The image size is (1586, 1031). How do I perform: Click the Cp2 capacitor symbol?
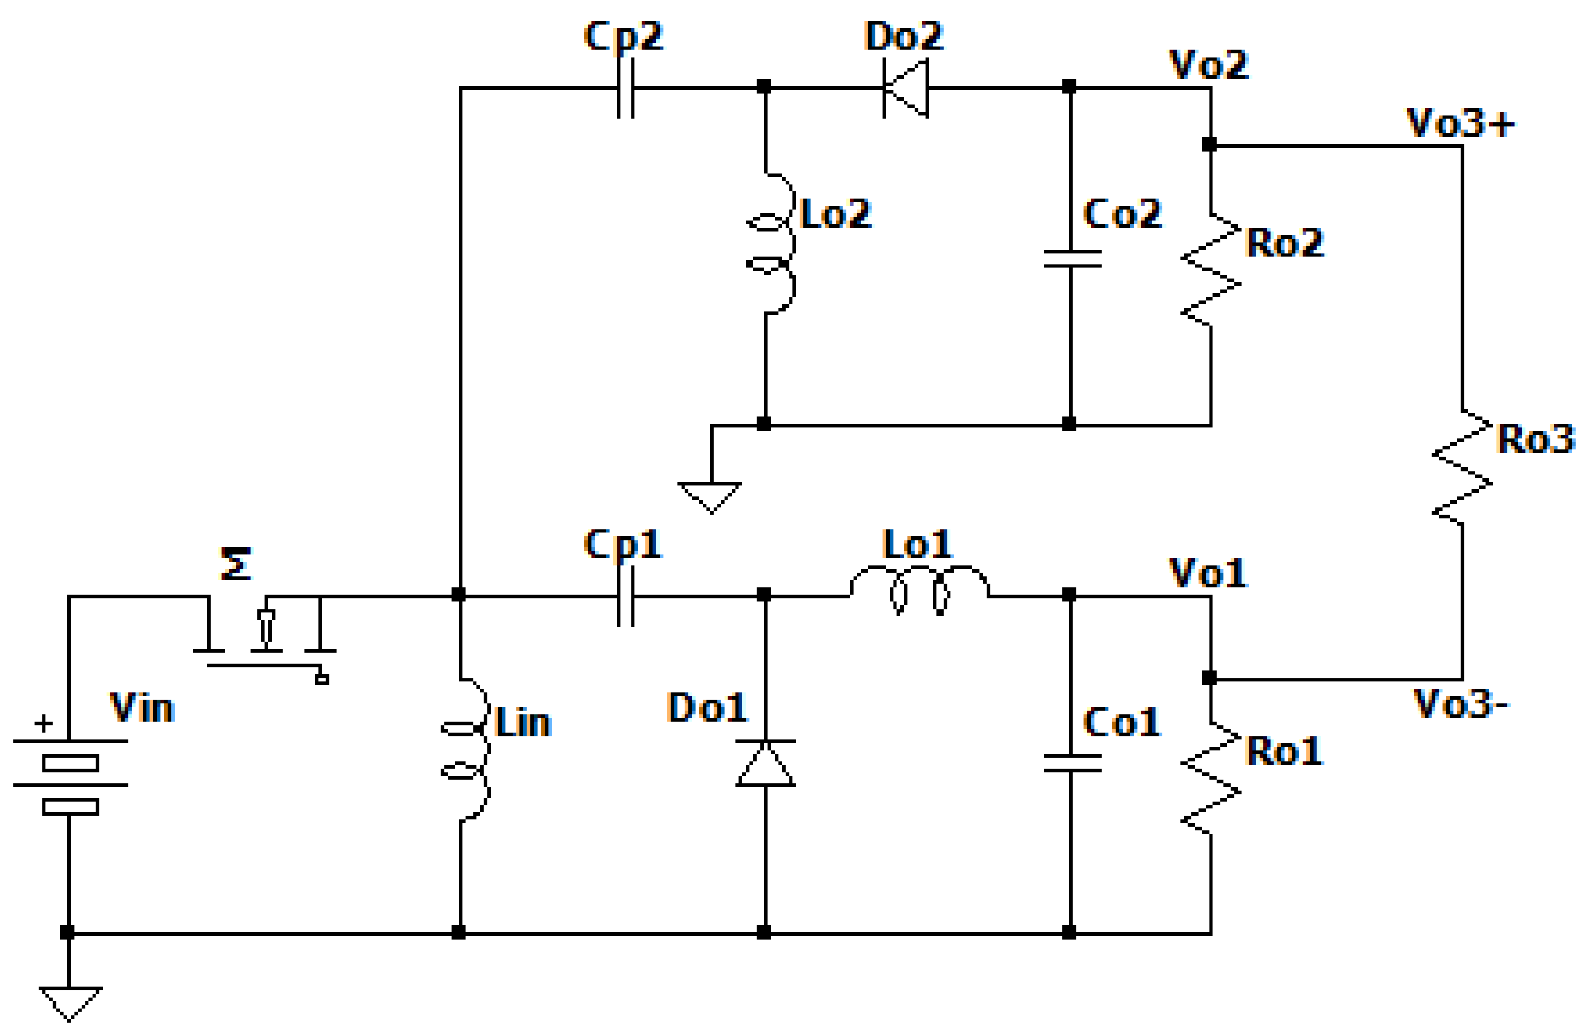click(x=625, y=87)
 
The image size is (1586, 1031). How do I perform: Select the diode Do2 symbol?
click(x=906, y=87)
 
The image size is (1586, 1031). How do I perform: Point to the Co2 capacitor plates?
click(x=1071, y=258)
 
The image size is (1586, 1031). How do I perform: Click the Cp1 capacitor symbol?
click(x=625, y=596)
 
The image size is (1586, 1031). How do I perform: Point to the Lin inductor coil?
click(x=470, y=750)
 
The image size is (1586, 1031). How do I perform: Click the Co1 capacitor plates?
click(x=1071, y=763)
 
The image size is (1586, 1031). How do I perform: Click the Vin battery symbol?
click(x=70, y=777)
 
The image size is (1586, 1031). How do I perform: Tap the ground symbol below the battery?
click(x=70, y=1002)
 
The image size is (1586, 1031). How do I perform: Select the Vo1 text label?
click(x=1208, y=572)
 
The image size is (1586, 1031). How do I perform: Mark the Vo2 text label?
click(x=1208, y=64)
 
